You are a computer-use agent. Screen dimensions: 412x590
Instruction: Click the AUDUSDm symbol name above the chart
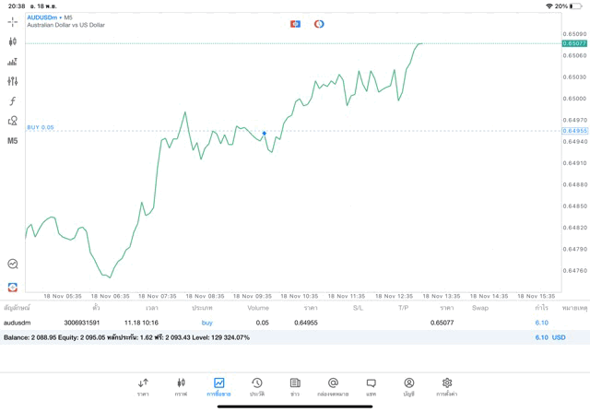coord(42,18)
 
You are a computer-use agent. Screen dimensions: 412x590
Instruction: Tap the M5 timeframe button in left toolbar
coord(12,141)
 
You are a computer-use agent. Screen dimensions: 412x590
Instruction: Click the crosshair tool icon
coord(12,22)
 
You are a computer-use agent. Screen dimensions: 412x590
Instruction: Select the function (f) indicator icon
coord(12,101)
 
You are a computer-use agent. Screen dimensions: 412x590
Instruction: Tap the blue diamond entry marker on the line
coord(265,134)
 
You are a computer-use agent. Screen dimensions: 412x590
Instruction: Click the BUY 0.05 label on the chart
coord(41,127)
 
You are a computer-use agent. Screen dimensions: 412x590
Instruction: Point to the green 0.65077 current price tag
coord(574,43)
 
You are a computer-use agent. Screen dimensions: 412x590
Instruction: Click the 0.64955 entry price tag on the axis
coord(574,131)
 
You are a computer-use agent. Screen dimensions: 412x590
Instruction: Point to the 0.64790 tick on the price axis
coord(574,249)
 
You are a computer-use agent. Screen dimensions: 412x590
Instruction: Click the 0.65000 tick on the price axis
coord(574,99)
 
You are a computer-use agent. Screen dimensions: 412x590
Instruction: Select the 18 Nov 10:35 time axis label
coord(298,297)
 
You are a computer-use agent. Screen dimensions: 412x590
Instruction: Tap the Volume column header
coord(258,308)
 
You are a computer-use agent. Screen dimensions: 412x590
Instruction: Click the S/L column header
coord(358,308)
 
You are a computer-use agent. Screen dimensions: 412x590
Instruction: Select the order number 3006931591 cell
coord(81,323)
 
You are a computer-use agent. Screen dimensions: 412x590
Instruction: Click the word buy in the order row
coord(206,323)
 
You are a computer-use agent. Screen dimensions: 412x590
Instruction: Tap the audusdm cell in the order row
coord(17,323)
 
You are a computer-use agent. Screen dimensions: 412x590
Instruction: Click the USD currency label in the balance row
coord(558,337)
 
